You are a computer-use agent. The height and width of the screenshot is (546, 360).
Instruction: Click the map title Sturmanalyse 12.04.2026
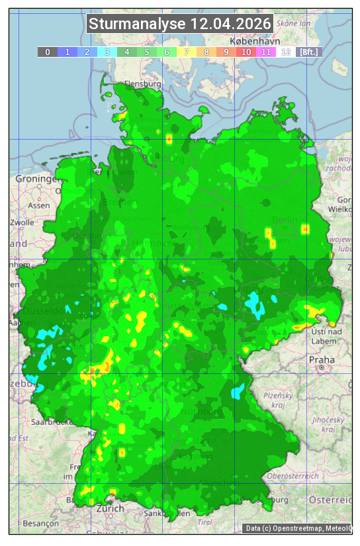[180, 24]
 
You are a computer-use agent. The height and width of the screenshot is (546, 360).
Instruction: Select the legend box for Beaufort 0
[47, 52]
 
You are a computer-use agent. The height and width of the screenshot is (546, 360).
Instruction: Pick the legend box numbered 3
[107, 52]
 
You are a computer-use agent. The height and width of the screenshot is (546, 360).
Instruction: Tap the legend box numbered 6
[167, 52]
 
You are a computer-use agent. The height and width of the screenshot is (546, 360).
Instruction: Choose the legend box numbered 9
[226, 52]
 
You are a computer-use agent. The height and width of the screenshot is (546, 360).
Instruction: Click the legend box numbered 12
[286, 52]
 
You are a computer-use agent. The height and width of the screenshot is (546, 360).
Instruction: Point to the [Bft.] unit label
[308, 52]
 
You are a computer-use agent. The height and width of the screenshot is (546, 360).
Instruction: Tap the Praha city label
[321, 359]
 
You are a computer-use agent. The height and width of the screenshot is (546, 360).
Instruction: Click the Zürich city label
[110, 508]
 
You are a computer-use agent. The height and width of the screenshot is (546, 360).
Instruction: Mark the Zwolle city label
[22, 222]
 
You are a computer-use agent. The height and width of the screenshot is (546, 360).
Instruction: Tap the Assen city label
[39, 205]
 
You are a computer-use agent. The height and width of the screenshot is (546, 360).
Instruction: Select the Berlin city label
[285, 220]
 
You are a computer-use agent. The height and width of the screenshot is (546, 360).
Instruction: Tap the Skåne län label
[294, 23]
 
